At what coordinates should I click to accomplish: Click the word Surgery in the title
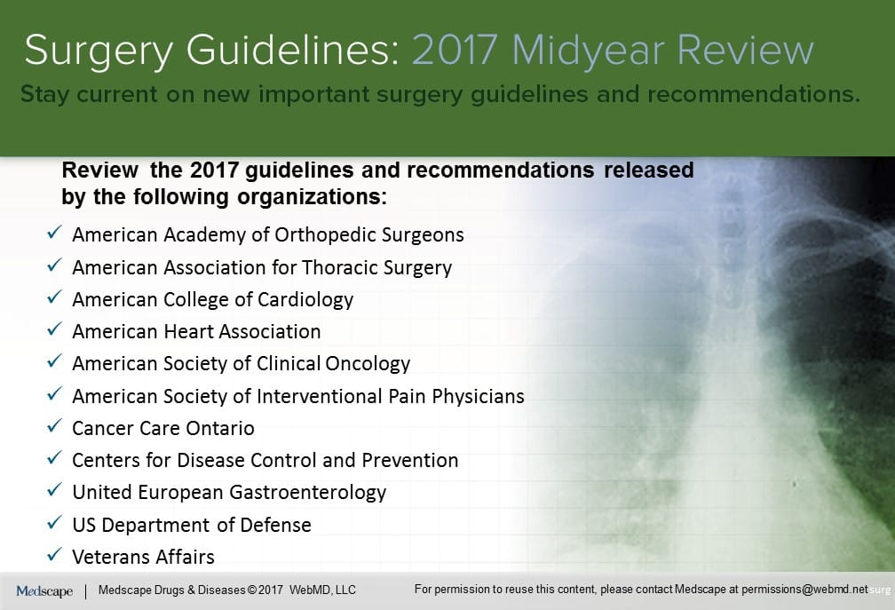point(99,51)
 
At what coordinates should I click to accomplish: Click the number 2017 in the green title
point(455,51)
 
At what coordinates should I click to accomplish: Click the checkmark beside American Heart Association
point(54,329)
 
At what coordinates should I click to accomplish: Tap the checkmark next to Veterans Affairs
point(54,554)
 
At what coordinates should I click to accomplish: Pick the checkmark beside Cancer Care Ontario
point(54,425)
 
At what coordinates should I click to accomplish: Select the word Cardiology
point(305,300)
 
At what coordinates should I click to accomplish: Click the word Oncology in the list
point(368,364)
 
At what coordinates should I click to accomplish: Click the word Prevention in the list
point(410,460)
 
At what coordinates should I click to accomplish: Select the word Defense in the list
point(275,525)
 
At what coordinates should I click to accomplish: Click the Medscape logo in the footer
point(44,591)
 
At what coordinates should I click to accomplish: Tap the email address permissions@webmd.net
point(804,590)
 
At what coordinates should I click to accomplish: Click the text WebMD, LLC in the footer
point(322,590)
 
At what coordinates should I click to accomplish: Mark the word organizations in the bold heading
point(313,197)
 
